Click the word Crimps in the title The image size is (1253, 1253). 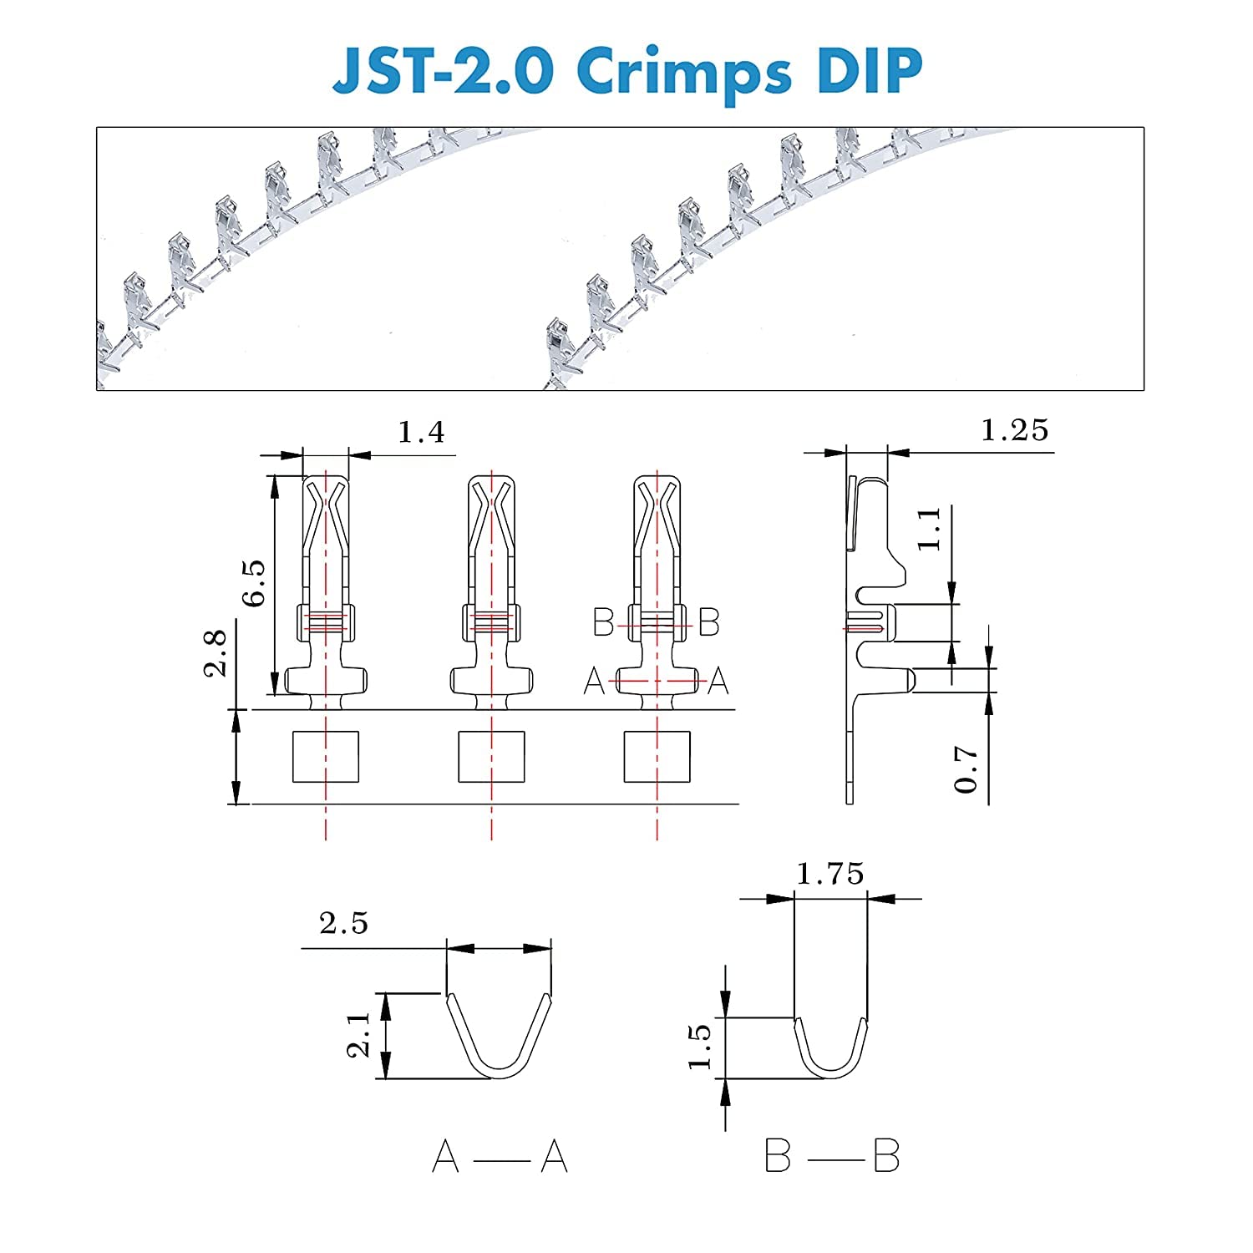click(682, 74)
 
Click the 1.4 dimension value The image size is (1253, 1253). click(421, 432)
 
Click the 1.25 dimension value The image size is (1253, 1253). click(1014, 430)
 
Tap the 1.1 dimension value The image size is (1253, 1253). click(929, 528)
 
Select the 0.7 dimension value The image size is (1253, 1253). click(966, 769)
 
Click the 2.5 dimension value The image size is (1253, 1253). click(343, 923)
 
